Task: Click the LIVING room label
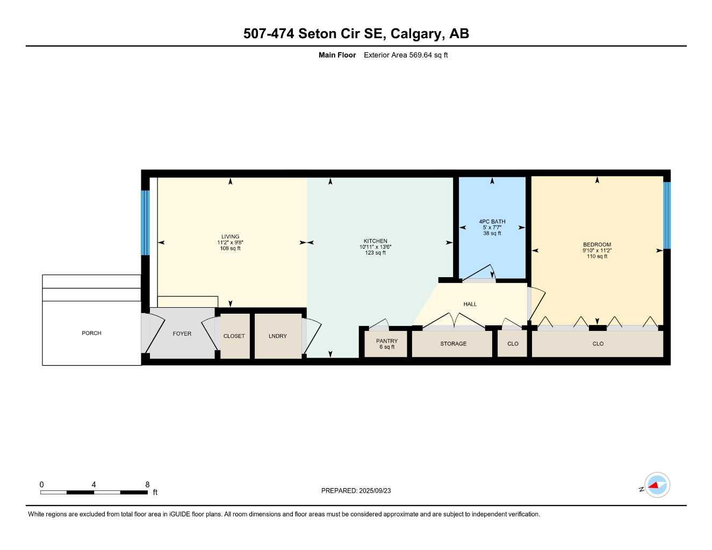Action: pyautogui.click(x=230, y=236)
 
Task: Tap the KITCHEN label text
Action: pyautogui.click(x=375, y=241)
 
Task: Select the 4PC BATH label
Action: pyautogui.click(x=492, y=221)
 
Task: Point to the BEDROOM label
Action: pyautogui.click(x=596, y=244)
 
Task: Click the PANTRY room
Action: pyautogui.click(x=387, y=344)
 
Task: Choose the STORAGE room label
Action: pyautogui.click(x=453, y=344)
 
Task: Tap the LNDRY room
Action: pyautogui.click(x=278, y=336)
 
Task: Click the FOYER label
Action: pyautogui.click(x=182, y=334)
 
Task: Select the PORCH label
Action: pyautogui.click(x=91, y=333)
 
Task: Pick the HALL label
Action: pyautogui.click(x=470, y=304)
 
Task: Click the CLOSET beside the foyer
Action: pyautogui.click(x=234, y=336)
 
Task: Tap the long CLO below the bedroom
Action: pyautogui.click(x=598, y=344)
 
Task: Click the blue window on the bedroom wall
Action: pyautogui.click(x=666, y=215)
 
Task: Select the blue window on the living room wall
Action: pyautogui.click(x=145, y=222)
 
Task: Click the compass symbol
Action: pyautogui.click(x=656, y=486)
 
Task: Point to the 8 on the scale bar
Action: pyautogui.click(x=147, y=484)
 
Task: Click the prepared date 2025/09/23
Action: pyautogui.click(x=375, y=490)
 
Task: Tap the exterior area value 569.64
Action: pyautogui.click(x=421, y=55)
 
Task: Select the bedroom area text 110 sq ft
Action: pyautogui.click(x=596, y=256)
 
